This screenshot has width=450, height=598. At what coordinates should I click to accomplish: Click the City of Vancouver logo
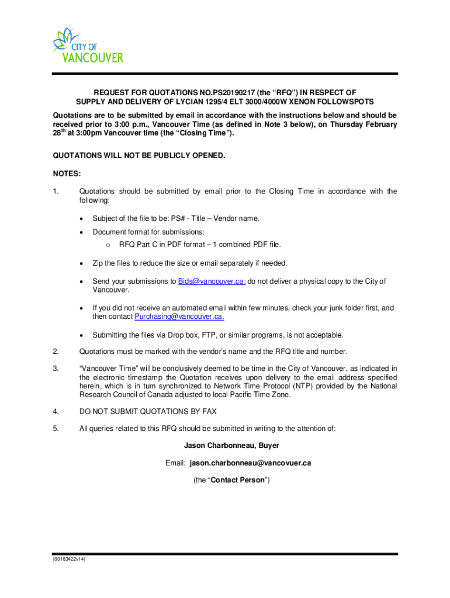(x=88, y=46)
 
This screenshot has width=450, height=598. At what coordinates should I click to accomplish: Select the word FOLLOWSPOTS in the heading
(x=349, y=102)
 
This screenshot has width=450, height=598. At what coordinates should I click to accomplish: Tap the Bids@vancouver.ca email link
(x=212, y=281)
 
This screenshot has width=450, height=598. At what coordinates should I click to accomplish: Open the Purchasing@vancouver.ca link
(x=179, y=317)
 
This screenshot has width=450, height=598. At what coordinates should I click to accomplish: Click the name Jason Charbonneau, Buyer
(x=231, y=446)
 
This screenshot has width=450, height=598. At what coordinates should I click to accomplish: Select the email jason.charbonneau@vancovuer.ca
(x=250, y=463)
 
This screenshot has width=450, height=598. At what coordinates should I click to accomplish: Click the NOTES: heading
(x=67, y=173)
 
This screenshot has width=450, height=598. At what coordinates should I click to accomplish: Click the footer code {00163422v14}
(x=69, y=559)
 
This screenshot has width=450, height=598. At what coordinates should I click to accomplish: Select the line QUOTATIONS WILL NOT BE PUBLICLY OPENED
(x=139, y=156)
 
